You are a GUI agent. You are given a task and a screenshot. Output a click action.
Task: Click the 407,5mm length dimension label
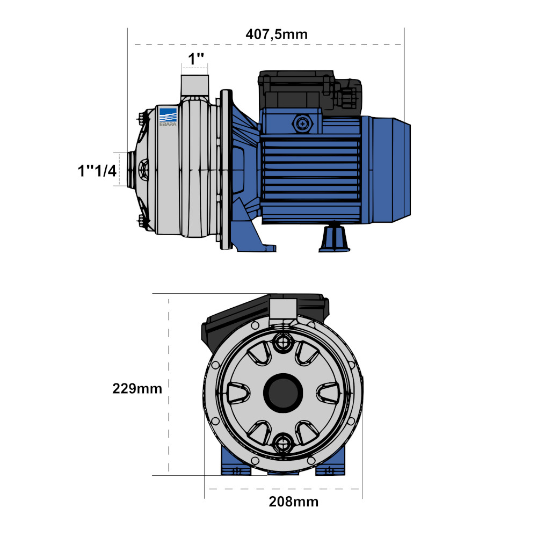[277, 34]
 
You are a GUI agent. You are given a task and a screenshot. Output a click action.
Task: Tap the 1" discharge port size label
[196, 59]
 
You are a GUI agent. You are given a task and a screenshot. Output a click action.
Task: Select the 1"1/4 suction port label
[97, 171]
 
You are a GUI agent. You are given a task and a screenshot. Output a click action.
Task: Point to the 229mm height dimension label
[137, 389]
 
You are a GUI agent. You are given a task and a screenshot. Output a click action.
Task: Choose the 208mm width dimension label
[294, 502]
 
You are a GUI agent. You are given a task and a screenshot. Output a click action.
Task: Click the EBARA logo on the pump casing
[168, 117]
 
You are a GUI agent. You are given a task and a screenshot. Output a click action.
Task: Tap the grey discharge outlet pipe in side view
[194, 85]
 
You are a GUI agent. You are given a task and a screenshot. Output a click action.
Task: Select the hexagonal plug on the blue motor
[302, 124]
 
